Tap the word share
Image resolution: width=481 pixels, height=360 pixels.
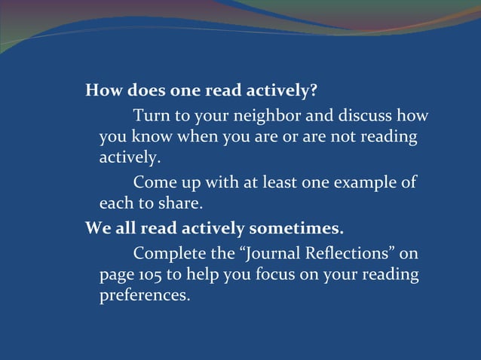click(181, 203)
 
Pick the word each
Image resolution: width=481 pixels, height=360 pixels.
click(116, 203)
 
